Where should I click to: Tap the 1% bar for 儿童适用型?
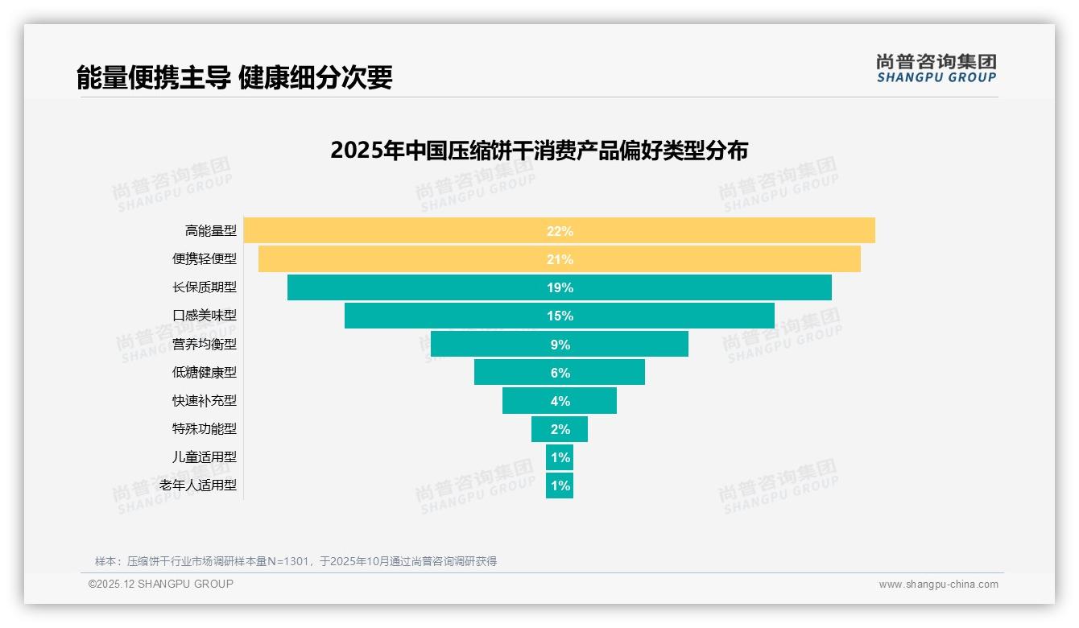point(560,457)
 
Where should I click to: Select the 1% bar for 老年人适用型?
point(560,485)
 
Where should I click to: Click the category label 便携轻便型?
point(205,259)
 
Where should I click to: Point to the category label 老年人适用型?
point(198,485)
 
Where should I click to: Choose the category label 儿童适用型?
point(205,457)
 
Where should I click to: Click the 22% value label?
point(560,231)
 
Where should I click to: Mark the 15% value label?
point(560,316)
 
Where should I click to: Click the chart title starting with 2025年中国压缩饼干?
point(539,151)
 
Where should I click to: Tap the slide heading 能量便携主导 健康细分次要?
point(234,77)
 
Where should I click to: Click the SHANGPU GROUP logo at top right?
point(936,68)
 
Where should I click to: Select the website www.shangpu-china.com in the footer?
point(938,585)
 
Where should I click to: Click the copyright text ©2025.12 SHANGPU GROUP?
point(161,584)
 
